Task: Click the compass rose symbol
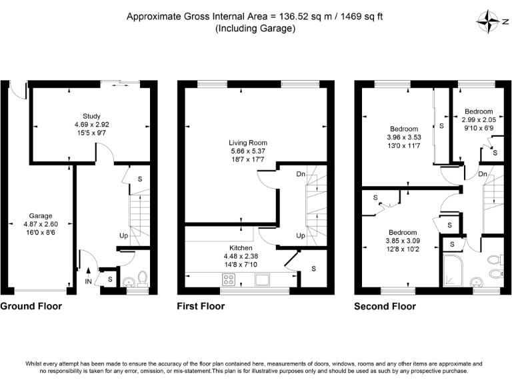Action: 489,21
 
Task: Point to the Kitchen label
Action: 241,248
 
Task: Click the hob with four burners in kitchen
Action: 229,279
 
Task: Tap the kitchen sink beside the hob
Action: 262,279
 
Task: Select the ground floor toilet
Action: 143,279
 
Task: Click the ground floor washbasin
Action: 129,281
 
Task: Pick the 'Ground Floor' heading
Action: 31,306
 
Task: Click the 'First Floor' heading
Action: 201,306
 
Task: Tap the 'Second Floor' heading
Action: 385,306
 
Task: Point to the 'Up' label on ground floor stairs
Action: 123,236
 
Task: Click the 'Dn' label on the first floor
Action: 301,175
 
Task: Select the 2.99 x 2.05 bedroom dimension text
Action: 479,120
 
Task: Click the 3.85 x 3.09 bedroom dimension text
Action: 403,241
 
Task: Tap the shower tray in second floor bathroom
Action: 453,271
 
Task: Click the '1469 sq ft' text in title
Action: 361,17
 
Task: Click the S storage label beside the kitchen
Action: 313,269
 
